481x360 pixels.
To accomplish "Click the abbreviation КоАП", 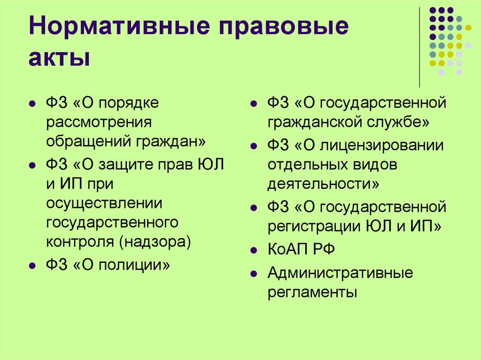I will click(287, 249).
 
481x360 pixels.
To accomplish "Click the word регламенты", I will click(312, 292).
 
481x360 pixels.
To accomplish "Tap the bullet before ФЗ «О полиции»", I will click(31, 266).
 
